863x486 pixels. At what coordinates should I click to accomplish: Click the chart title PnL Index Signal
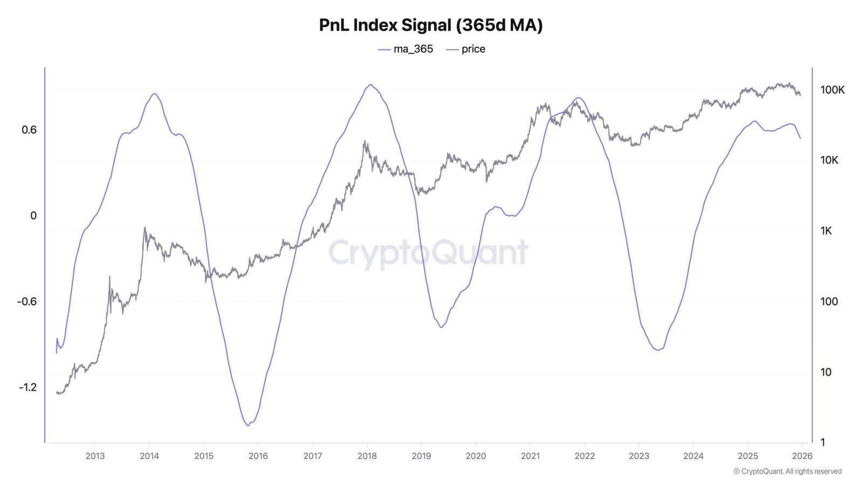point(430,25)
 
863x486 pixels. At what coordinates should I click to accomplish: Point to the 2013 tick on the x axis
point(95,456)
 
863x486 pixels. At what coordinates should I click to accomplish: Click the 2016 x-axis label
point(258,456)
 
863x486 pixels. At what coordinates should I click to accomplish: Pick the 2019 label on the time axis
point(421,456)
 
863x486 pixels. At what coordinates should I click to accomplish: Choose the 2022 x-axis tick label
point(584,456)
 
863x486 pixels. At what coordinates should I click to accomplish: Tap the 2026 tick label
point(802,456)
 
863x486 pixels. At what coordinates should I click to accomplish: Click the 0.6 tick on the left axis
point(29,130)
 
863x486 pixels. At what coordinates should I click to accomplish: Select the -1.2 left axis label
point(28,387)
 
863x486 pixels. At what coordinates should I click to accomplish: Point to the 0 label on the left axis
point(33,215)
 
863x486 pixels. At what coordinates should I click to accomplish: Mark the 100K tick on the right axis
point(832,90)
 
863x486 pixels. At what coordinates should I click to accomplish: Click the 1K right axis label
point(826,231)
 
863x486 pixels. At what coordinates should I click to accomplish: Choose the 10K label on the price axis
point(829,160)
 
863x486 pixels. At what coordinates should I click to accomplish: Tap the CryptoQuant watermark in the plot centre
point(428,253)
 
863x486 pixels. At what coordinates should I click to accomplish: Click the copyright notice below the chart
point(787,471)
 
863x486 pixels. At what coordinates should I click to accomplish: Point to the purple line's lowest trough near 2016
point(248,425)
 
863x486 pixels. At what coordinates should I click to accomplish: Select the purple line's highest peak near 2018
point(370,85)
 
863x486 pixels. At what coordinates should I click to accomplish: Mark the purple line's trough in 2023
point(657,350)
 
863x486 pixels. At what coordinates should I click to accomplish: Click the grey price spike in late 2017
point(365,142)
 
